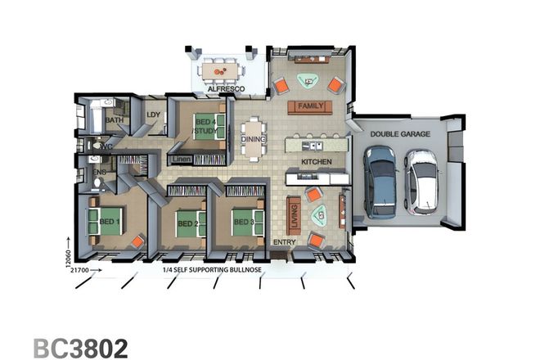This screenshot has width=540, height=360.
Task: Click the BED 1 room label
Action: pos(110,222)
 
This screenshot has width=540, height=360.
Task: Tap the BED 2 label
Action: pos(188,223)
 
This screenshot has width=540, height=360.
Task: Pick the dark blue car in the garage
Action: pos(380,182)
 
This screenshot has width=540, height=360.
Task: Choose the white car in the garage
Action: pos(422,180)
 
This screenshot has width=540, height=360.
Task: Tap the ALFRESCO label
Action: pos(220,89)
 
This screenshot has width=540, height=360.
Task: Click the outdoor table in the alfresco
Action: pos(221,72)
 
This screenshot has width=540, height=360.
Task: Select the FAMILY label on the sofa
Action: pos(311,107)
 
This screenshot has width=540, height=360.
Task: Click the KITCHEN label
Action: pos(316,162)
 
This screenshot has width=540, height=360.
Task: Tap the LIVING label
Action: pos(295,217)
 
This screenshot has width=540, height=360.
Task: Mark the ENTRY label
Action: pos(284,242)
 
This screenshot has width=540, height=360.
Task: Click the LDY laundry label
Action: pos(153,115)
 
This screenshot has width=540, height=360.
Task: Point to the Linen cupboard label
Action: pos(182,158)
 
